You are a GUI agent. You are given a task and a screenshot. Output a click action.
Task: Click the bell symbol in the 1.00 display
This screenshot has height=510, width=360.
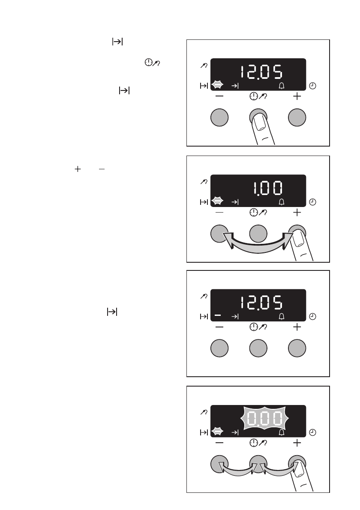(282, 201)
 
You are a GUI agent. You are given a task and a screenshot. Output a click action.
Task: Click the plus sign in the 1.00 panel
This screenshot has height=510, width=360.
(297, 212)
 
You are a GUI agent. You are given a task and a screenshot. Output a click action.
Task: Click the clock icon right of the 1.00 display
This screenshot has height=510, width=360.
(313, 202)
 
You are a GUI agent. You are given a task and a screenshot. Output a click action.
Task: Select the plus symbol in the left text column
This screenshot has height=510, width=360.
(78, 170)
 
